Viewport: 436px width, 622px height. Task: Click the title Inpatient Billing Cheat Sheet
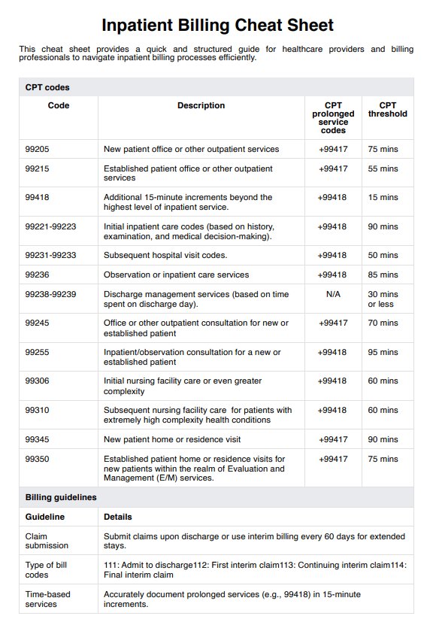point(217,25)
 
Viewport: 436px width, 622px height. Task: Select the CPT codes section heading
point(47,87)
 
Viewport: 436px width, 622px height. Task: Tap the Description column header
point(201,106)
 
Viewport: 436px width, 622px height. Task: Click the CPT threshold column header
point(387,110)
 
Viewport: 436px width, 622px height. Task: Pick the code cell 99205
point(37,149)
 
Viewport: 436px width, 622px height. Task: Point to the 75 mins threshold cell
point(383,149)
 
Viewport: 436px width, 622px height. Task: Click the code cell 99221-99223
point(50,226)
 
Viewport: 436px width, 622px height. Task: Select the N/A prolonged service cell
point(333,294)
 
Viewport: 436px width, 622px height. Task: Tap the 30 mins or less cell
point(383,299)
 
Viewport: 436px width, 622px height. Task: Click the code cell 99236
point(37,275)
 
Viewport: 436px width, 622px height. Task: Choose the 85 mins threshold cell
point(383,275)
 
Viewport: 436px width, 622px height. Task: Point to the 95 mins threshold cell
point(383,352)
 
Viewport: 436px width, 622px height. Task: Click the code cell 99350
point(37,459)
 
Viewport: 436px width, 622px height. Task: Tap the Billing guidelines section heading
point(61,497)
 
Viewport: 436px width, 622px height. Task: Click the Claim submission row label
point(47,541)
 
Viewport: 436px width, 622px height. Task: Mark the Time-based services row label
point(47,599)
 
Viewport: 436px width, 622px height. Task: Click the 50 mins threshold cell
point(383,255)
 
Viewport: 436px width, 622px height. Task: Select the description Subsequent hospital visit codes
point(165,255)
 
